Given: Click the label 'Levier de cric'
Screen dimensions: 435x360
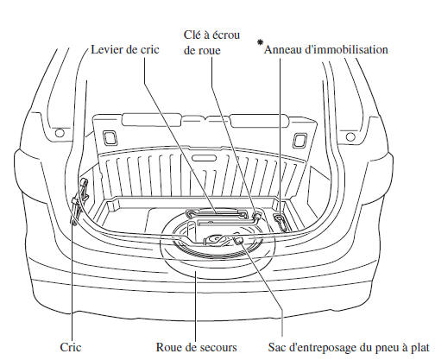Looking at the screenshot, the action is click(x=125, y=50).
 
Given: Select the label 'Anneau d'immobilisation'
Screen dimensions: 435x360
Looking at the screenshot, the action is click(x=326, y=49).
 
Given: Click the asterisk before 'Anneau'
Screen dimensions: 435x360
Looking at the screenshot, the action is click(x=260, y=42).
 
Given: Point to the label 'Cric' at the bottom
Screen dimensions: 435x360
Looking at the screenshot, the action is click(x=71, y=347).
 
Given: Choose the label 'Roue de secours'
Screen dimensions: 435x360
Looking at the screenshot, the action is click(x=196, y=347).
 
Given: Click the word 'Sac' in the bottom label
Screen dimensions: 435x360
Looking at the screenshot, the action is click(x=276, y=347).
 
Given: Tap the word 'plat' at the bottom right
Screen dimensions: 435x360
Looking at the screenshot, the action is click(x=420, y=347).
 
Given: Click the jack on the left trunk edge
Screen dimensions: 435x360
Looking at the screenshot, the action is click(x=79, y=200).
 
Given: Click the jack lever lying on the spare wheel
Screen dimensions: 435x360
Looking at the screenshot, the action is click(x=217, y=214).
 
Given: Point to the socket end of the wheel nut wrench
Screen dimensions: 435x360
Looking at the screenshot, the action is click(x=256, y=215).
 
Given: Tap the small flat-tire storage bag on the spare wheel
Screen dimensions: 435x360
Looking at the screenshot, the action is click(x=238, y=239).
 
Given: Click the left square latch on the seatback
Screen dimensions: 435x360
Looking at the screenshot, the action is click(x=110, y=138).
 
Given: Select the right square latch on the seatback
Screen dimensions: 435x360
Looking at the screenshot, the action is click(x=299, y=141).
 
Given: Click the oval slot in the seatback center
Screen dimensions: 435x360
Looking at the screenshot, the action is click(x=205, y=158).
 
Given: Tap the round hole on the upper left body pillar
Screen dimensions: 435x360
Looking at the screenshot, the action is click(x=60, y=133).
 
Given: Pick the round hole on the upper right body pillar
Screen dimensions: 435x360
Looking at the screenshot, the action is click(x=350, y=136).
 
